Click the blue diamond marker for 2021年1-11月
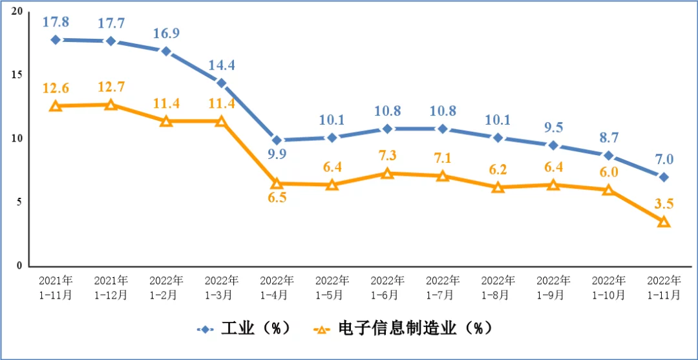pyautogui.click(x=56, y=39)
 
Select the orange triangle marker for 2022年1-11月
pyautogui.click(x=664, y=221)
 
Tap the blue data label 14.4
pyautogui.click(x=222, y=65)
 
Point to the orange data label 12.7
pyautogui.click(x=111, y=86)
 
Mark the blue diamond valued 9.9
pyautogui.click(x=277, y=140)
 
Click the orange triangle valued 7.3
pyautogui.click(x=387, y=173)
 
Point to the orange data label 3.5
pyautogui.click(x=664, y=204)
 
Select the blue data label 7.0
pyautogui.click(x=664, y=159)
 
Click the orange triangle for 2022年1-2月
pyautogui.click(x=166, y=121)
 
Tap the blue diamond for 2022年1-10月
pyautogui.click(x=608, y=155)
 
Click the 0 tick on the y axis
pyautogui.click(x=19, y=265)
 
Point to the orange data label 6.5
pyautogui.click(x=277, y=198)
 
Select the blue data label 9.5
pyautogui.click(x=553, y=127)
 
